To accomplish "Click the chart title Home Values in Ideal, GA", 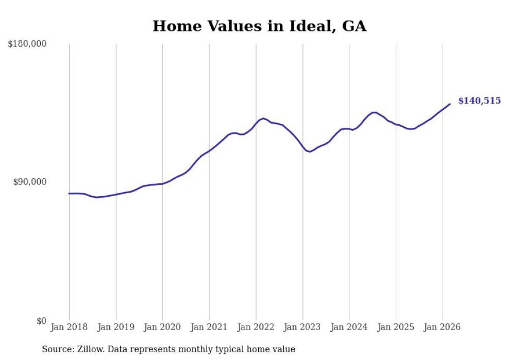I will (x=259, y=26).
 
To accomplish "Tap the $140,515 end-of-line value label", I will (x=479, y=101).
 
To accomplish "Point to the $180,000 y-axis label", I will (x=27, y=44).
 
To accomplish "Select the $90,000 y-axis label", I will (x=29, y=182).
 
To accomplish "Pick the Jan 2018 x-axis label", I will (x=69, y=327).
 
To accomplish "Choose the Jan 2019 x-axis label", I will (x=115, y=327).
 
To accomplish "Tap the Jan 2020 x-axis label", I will (x=162, y=327).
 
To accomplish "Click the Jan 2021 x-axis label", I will (x=209, y=327).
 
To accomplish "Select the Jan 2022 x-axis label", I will (x=256, y=327).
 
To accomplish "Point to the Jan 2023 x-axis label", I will (x=302, y=327).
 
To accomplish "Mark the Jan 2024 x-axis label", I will (x=349, y=327).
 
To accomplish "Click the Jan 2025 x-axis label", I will (x=396, y=327).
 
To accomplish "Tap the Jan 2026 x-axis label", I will (x=442, y=327).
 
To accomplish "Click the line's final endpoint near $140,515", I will (x=450, y=104).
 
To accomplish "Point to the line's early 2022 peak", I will (x=263, y=118).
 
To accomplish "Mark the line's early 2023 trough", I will (x=309, y=151).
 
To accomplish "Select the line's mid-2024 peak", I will (x=374, y=112).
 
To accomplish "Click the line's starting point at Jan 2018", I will (x=69, y=194).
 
